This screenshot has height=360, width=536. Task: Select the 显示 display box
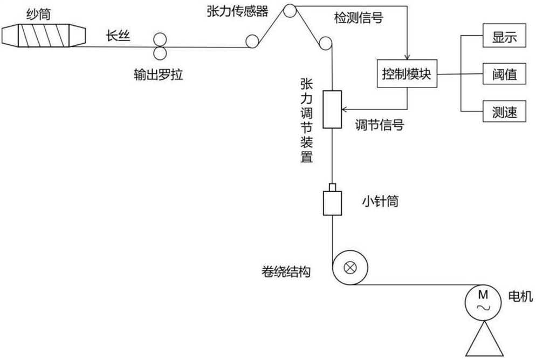504,38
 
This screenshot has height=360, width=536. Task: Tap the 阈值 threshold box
504,74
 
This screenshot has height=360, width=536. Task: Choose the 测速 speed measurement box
504,112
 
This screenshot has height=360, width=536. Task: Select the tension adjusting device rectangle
333,109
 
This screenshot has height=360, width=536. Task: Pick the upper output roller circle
161,39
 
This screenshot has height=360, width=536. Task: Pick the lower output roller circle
161,53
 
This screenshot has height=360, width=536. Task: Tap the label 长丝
118,36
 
